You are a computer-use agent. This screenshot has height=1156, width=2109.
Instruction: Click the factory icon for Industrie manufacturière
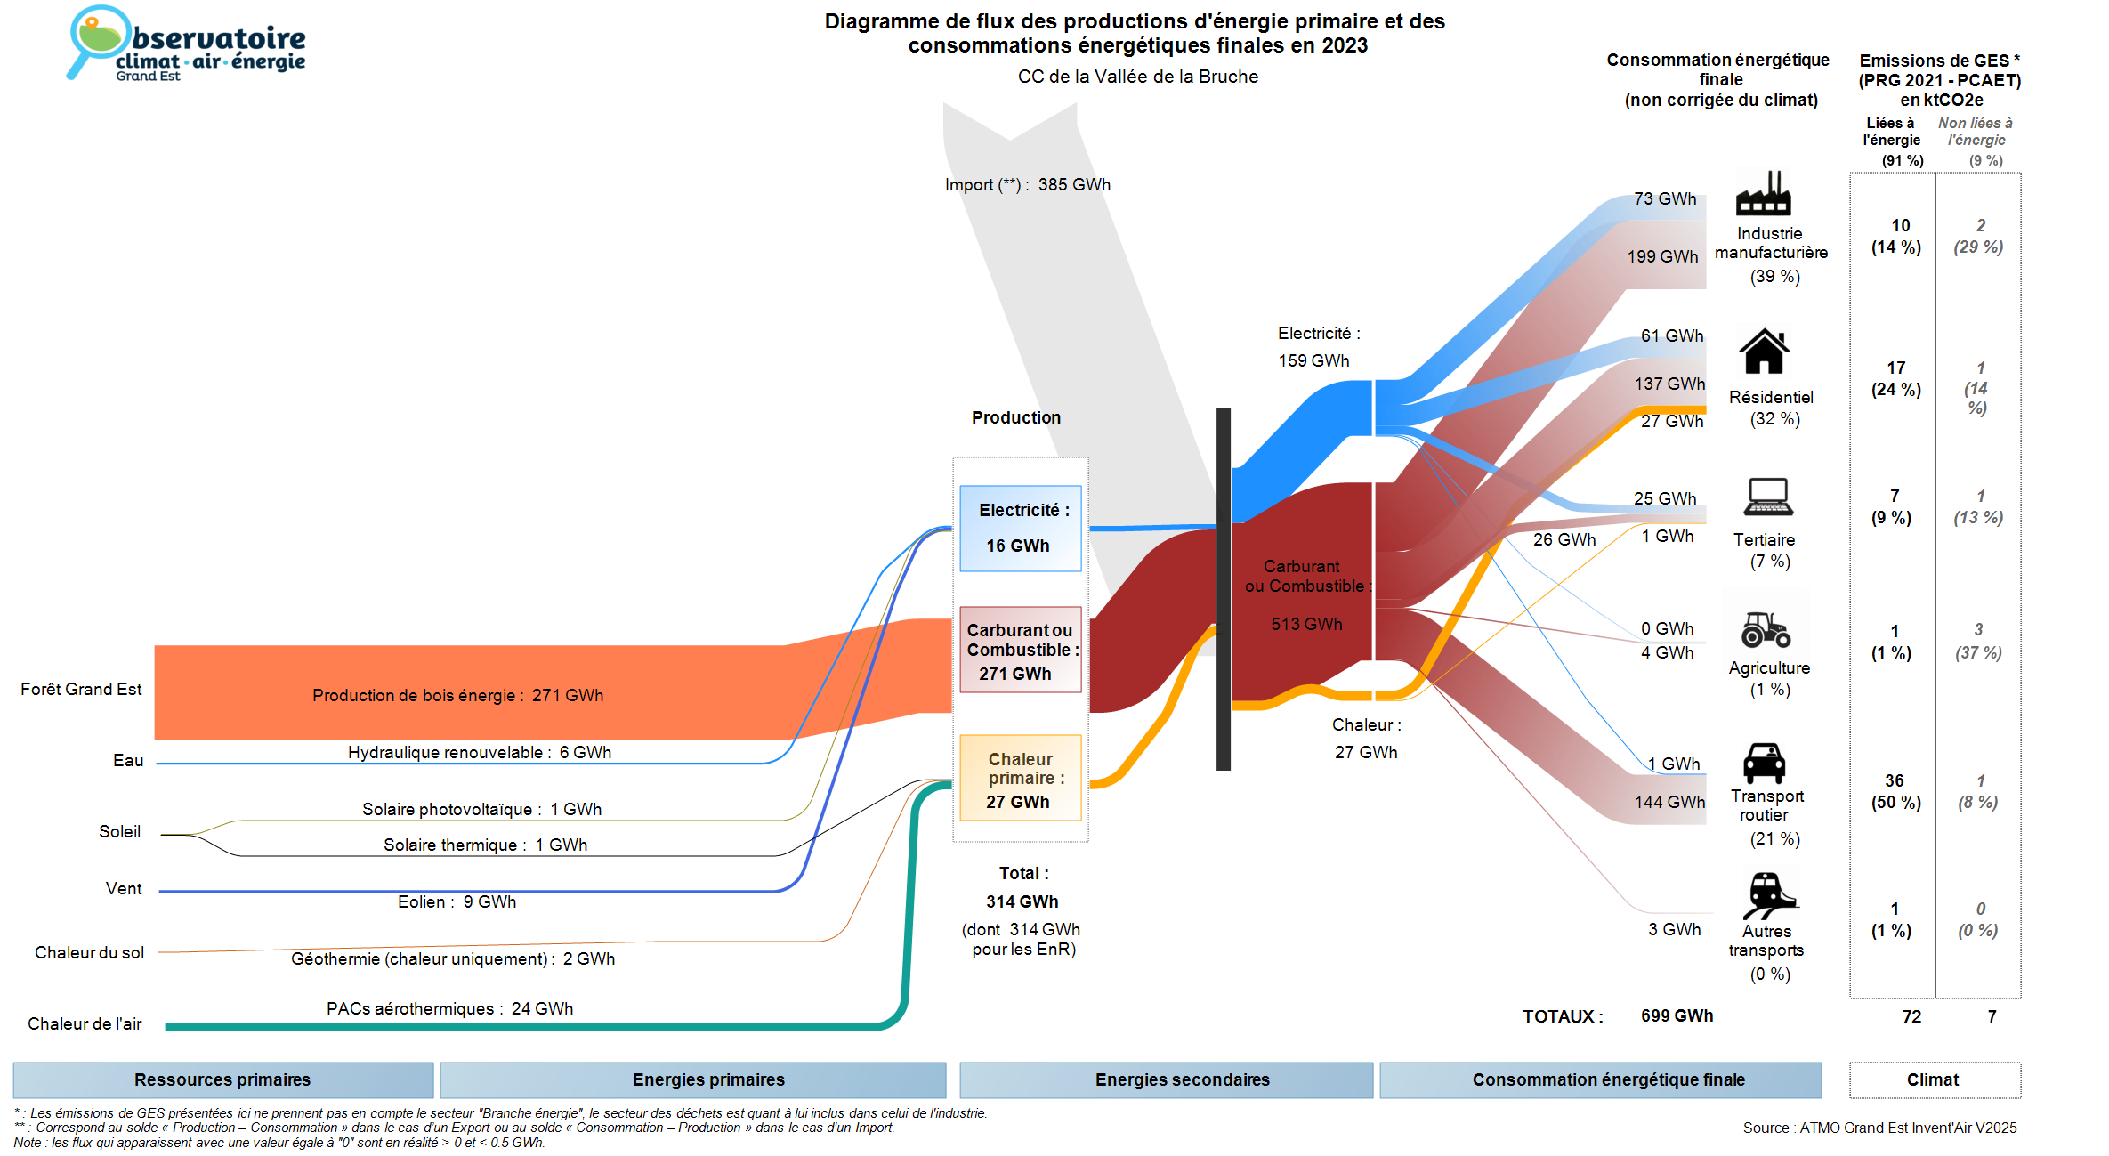[1763, 194]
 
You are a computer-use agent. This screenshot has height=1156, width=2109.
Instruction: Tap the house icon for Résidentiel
[1764, 352]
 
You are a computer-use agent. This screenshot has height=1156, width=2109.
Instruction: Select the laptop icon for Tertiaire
[1767, 497]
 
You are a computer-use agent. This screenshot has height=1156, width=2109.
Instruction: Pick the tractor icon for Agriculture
[1766, 629]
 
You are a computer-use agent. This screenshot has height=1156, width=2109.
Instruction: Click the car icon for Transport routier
[1764, 763]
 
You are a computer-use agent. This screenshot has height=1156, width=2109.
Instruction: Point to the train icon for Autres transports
[1768, 894]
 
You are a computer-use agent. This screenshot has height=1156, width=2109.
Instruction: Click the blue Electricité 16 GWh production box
[1020, 528]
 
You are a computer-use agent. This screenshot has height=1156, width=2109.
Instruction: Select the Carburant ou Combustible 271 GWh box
[1020, 651]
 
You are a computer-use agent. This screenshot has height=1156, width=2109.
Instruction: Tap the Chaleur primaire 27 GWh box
[1020, 778]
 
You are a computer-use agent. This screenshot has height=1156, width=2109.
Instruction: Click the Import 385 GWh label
[1027, 185]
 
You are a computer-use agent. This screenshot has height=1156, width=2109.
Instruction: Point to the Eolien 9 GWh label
[457, 902]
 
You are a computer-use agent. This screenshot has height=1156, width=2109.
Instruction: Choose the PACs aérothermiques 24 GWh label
[449, 1009]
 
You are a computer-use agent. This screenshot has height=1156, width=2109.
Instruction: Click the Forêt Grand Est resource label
[81, 690]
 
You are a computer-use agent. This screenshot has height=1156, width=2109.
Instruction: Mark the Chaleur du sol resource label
[89, 953]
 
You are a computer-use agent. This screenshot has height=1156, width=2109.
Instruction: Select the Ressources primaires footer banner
[222, 1079]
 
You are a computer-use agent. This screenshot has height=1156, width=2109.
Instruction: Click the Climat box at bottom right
[1934, 1079]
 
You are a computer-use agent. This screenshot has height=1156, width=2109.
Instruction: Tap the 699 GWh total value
[1677, 1016]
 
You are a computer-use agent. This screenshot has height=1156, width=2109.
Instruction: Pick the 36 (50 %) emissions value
[1895, 791]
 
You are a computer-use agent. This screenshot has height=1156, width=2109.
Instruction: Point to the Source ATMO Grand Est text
[1879, 1128]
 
